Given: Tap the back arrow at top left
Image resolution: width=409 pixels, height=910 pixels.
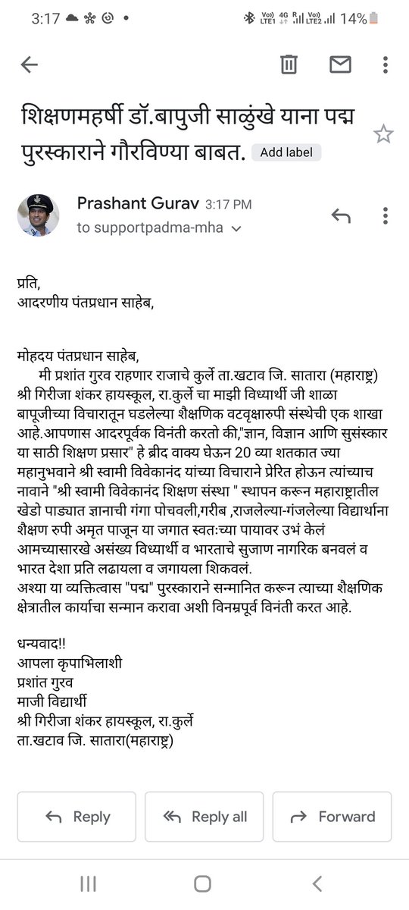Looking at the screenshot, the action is click(x=29, y=65).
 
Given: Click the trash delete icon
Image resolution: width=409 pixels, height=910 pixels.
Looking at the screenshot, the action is click(x=289, y=65).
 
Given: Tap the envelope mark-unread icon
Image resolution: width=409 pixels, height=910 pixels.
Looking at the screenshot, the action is click(x=341, y=65).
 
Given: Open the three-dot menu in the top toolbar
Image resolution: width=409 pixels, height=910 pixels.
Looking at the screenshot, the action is click(x=386, y=65).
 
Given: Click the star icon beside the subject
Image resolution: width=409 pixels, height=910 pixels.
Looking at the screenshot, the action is click(x=383, y=135).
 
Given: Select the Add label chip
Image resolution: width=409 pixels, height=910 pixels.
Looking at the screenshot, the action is click(x=286, y=152).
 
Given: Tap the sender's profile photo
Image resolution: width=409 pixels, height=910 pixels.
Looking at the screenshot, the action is click(x=38, y=215).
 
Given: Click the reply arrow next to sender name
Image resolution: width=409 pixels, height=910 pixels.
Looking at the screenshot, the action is click(x=341, y=216).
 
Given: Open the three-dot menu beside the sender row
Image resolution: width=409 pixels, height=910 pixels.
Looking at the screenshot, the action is click(x=386, y=216).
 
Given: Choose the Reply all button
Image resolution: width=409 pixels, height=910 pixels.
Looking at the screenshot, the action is click(x=204, y=817).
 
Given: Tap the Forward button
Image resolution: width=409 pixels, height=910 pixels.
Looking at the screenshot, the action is click(x=332, y=817).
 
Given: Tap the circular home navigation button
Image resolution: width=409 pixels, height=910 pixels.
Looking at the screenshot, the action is click(x=202, y=883).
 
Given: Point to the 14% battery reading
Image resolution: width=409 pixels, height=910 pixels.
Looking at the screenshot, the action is click(x=352, y=18).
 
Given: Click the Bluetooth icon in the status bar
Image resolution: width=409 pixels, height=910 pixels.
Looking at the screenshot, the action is click(x=248, y=18).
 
